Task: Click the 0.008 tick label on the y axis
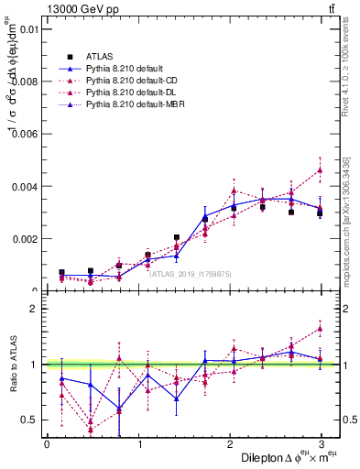24,82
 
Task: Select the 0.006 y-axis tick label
24,134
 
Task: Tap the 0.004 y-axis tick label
24,186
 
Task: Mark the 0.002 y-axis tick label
24,239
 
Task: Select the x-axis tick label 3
322,444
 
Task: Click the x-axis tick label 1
138,444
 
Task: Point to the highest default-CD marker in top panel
320,169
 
